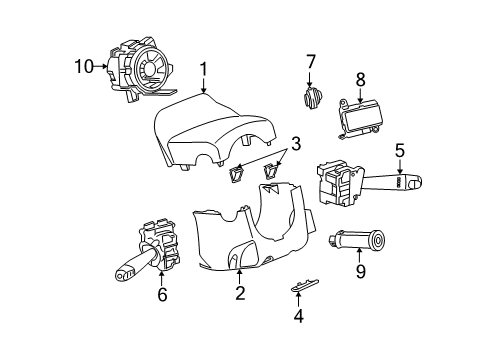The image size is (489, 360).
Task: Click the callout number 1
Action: pos(203,69)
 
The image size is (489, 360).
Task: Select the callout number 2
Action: pos(240,292)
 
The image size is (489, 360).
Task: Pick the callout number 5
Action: pos(399,151)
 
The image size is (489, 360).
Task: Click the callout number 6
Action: pos(162,294)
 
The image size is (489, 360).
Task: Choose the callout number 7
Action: pos(311,63)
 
